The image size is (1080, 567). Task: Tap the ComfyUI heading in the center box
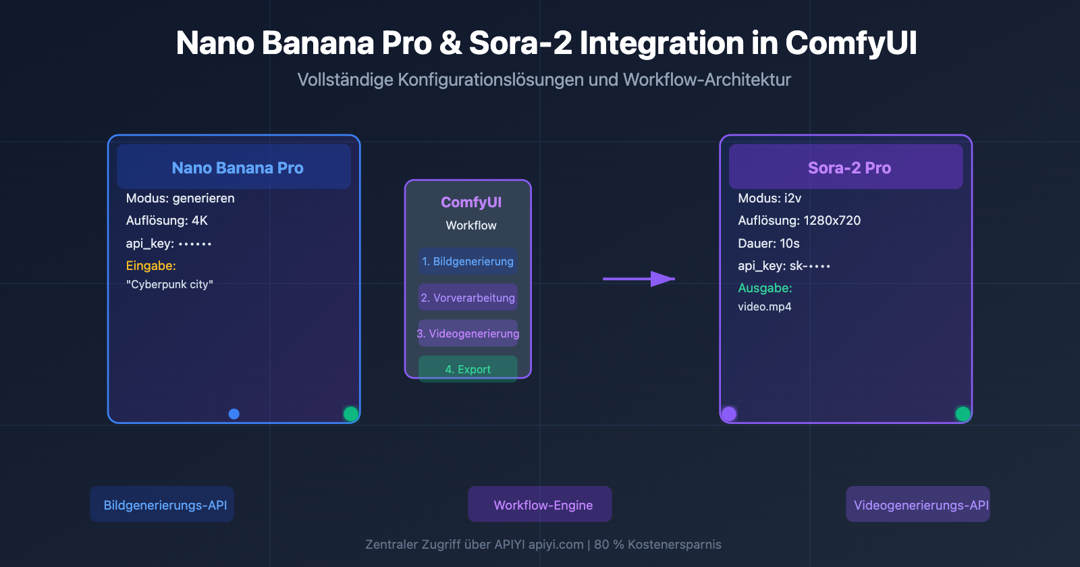(470, 202)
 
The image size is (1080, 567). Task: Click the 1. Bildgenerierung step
(468, 261)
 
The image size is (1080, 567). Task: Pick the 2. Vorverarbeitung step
(468, 298)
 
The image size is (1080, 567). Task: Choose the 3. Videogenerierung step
(468, 333)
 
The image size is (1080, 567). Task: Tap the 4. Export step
(468, 369)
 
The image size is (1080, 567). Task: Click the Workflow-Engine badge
(540, 504)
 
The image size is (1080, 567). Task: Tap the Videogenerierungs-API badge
(918, 504)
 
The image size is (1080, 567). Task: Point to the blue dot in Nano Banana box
(234, 414)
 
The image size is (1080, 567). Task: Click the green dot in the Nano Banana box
(350, 414)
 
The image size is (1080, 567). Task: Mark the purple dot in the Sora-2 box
(729, 414)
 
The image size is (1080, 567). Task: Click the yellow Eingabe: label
(151, 265)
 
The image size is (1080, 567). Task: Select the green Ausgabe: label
(765, 288)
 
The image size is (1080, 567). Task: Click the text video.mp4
(764, 306)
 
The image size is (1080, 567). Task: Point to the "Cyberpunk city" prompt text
(169, 284)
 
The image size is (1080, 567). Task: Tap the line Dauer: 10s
(768, 243)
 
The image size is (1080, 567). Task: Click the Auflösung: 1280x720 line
(799, 220)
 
